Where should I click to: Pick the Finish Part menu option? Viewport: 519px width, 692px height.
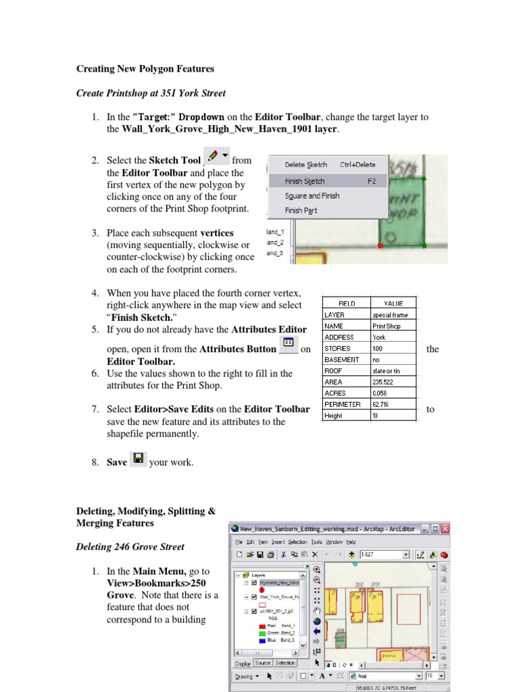301,211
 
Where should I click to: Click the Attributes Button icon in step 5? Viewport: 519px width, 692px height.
288,343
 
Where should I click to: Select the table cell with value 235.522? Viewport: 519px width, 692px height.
393,382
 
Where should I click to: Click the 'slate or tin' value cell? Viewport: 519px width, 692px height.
393,371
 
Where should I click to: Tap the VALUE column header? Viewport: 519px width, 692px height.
393,303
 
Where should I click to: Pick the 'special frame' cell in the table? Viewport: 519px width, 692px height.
393,315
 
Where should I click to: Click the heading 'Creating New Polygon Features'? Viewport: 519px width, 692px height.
145,69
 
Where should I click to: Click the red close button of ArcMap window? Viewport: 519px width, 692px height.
444,528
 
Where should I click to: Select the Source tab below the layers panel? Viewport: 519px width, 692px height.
263,663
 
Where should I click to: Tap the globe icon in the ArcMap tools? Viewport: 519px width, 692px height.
318,622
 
